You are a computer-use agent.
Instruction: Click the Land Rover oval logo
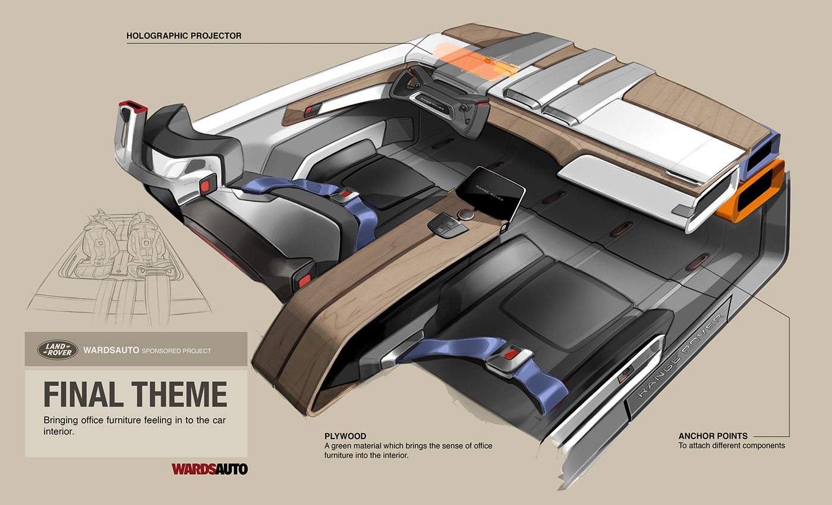58,350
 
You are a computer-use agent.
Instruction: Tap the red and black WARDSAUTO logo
209,469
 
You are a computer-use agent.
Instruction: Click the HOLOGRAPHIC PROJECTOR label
184,36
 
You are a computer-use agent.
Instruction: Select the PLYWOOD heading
345,436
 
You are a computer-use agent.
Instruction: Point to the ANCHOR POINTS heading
713,436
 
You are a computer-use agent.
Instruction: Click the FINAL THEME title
135,394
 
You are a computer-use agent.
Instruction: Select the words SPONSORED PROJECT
177,351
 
